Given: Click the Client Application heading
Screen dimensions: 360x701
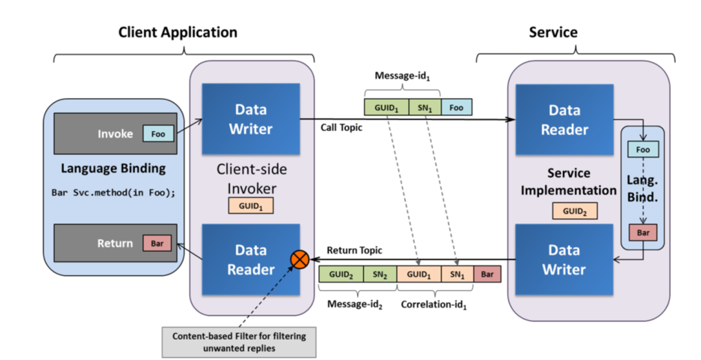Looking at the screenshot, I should (177, 32).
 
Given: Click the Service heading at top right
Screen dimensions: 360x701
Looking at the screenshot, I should (553, 32).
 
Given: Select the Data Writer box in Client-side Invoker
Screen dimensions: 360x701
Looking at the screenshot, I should (251, 119).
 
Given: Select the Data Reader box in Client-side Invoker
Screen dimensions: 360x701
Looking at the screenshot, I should (251, 259).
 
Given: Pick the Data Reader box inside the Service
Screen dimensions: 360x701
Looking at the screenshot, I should (564, 119).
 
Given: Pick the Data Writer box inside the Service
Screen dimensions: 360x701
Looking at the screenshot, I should (564, 259).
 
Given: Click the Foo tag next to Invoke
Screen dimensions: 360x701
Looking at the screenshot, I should (158, 134).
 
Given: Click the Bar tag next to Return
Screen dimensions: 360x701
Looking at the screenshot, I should (157, 244).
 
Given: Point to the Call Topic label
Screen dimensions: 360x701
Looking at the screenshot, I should (341, 128).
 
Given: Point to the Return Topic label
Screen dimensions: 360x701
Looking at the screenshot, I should (354, 250).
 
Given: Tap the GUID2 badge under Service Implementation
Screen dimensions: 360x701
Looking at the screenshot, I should (574, 211).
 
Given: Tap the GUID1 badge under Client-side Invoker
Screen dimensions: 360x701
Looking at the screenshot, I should (251, 206).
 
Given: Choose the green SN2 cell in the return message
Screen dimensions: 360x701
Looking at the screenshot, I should (380, 274).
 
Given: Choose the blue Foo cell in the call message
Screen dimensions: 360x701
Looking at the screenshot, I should (456, 107).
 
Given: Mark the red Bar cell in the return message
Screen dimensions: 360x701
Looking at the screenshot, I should (487, 274).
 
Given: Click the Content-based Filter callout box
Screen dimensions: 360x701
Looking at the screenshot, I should (239, 341).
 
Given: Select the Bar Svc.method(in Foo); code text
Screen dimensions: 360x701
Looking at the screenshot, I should (114, 193).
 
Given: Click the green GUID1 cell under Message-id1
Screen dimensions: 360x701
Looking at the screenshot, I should (386, 107).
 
